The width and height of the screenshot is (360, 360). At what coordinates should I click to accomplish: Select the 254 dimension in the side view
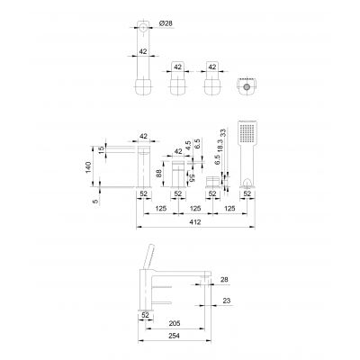tap(176, 337)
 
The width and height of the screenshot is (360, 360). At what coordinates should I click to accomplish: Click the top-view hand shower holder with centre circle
tap(244, 89)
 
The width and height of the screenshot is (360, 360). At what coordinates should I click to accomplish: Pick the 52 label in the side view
tap(145, 315)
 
